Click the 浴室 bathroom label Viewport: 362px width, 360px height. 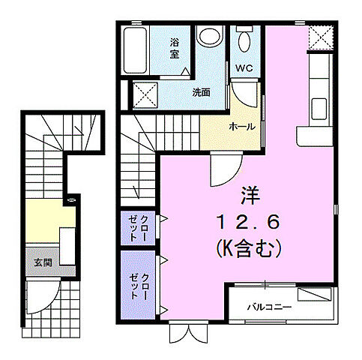pos(174,48)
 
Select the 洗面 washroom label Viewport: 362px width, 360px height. pos(201,93)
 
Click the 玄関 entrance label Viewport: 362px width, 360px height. pos(42,263)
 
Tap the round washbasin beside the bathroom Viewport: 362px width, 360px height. pos(209,37)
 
